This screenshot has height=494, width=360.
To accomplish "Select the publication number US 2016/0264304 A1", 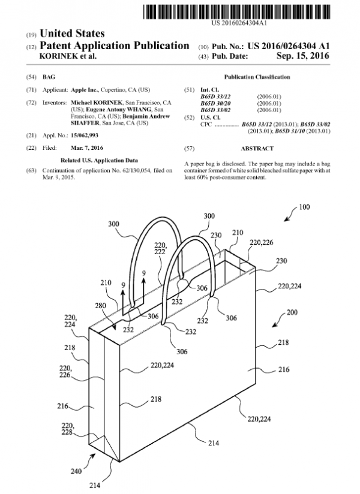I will pos(290,46).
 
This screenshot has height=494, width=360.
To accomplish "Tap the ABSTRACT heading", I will pos(257,147).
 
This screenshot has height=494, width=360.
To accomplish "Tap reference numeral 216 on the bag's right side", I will pos(284,370).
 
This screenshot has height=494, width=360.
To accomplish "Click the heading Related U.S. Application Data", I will pos(100,161).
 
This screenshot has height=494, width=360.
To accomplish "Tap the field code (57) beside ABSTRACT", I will pos(190,147).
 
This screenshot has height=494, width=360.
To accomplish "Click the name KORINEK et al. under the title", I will pos(66,56).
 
